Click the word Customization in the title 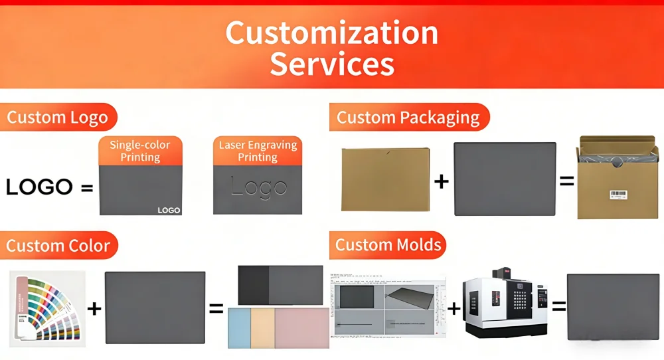(x=331, y=33)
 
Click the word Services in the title (x=331, y=64)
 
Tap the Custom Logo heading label (x=58, y=118)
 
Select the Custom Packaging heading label (x=408, y=118)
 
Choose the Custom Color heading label (x=58, y=246)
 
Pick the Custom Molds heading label (x=388, y=244)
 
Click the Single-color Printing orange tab (x=140, y=151)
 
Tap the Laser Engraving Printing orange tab (x=257, y=151)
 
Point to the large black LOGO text (x=39, y=187)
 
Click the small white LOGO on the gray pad (x=169, y=210)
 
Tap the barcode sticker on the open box (x=618, y=195)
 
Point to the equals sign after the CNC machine (x=559, y=306)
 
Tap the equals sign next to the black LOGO (x=86, y=188)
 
